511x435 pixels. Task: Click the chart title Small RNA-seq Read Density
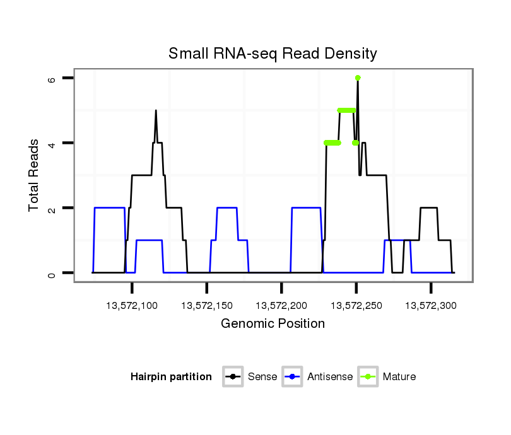click(273, 54)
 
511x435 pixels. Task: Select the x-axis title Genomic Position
click(273, 324)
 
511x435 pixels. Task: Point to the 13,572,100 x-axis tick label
click(132, 305)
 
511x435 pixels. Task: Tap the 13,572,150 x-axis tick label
click(207, 305)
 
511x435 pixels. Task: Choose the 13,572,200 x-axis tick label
click(281, 305)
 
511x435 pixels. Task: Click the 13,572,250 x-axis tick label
click(356, 305)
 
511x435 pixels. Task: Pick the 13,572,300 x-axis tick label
click(431, 305)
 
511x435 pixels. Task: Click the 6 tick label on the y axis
click(52, 78)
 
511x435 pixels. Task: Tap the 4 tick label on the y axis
click(52, 143)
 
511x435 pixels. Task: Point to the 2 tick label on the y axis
click(52, 208)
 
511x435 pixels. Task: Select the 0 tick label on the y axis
click(52, 273)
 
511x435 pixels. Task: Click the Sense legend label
click(262, 377)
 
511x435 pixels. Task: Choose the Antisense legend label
click(331, 377)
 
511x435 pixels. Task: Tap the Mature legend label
click(399, 377)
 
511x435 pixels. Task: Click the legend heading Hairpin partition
click(171, 377)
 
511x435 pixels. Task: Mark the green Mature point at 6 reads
click(358, 78)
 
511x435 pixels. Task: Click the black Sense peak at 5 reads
click(156, 111)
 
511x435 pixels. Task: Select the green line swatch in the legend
click(368, 377)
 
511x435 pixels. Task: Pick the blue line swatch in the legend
click(293, 377)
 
